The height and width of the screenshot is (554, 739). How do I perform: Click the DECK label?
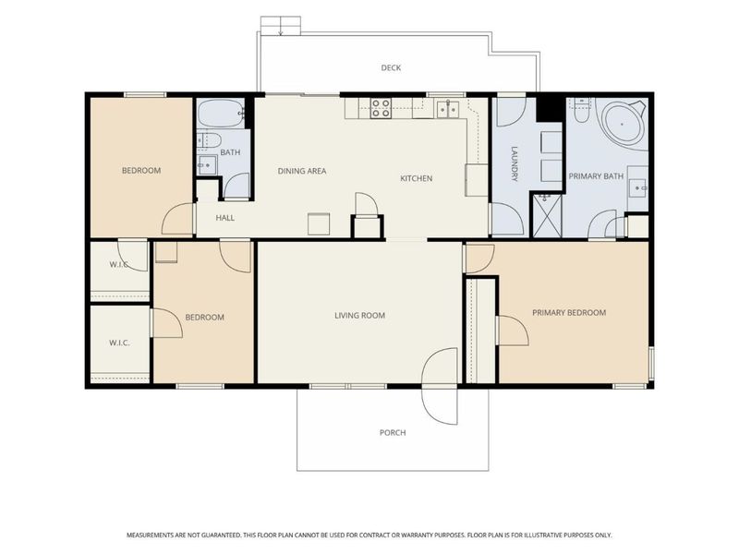(x=391, y=67)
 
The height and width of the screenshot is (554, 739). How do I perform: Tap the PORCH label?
(x=393, y=432)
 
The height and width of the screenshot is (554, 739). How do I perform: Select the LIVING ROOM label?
(x=359, y=315)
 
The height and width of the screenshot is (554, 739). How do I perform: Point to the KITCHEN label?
(x=417, y=178)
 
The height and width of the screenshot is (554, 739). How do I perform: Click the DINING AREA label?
(x=302, y=171)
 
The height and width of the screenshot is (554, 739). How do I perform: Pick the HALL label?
(x=224, y=218)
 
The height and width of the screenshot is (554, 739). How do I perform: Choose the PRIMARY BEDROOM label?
(x=569, y=312)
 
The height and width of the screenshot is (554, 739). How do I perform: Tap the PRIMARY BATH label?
(x=596, y=176)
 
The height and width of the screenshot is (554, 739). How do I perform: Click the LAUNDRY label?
(x=515, y=164)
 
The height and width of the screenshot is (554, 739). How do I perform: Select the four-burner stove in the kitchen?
(x=381, y=108)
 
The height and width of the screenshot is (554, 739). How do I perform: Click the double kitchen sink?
(x=447, y=109)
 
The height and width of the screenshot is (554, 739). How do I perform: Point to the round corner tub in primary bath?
(x=622, y=125)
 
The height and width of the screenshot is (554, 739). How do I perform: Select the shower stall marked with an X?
(x=547, y=216)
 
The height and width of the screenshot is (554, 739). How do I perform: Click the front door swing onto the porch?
(x=440, y=386)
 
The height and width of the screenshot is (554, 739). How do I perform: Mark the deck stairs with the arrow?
(x=281, y=26)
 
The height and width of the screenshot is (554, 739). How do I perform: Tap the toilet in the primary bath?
(x=581, y=110)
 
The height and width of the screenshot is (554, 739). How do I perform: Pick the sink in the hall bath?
(x=206, y=165)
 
